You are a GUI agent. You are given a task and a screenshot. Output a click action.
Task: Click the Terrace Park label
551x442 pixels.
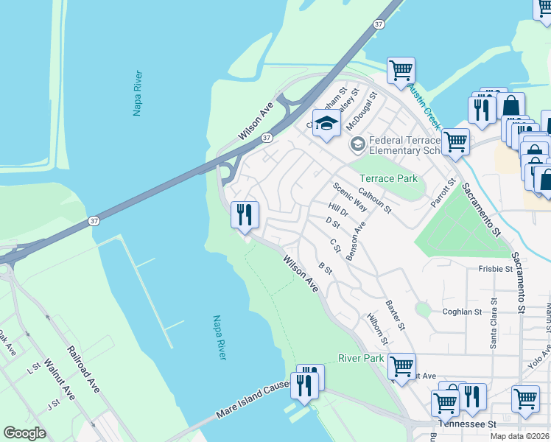[x=387, y=178]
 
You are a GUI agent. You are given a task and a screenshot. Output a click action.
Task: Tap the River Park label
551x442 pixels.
[x=362, y=358]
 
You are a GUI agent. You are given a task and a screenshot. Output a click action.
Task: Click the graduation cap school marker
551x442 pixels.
[x=326, y=124]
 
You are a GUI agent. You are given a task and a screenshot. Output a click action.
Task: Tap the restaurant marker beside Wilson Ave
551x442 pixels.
[x=245, y=215]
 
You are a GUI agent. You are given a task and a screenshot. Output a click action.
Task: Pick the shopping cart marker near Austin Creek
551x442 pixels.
[x=401, y=71]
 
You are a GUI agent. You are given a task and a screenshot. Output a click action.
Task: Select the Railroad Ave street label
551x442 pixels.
[x=83, y=368]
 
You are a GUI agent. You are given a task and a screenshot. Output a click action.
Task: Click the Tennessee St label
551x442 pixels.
[x=467, y=425]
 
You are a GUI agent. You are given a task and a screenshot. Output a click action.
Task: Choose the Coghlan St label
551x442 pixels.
[x=462, y=312]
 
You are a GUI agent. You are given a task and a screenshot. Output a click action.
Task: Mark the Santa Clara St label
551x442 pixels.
[x=494, y=323]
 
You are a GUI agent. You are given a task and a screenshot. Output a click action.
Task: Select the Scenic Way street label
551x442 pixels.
[x=349, y=197]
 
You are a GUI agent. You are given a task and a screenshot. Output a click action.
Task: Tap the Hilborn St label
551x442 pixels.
[x=376, y=328]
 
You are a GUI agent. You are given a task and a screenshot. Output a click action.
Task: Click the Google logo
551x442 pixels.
[x=24, y=432]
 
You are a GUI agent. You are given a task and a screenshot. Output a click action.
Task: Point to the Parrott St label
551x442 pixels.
[x=441, y=193]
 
